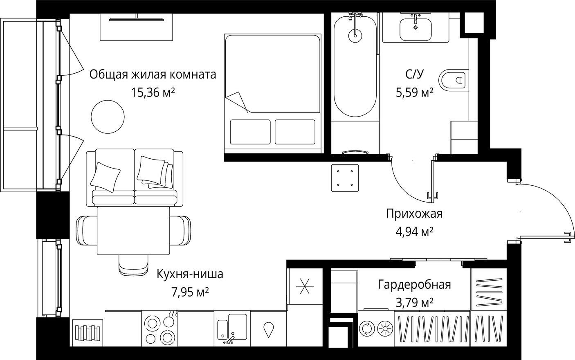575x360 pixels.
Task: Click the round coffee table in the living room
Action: coord(108,117)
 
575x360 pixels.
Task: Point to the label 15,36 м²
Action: coord(153,92)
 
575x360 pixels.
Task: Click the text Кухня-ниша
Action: coord(190,274)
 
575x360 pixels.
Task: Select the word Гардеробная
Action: coord(415,285)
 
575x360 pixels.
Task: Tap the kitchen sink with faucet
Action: coord(232,328)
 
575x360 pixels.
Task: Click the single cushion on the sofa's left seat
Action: coord(105,177)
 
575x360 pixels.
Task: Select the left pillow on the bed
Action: coord(250,132)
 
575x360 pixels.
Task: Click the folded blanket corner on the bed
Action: coord(237,101)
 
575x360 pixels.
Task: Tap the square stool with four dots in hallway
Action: coord(345,178)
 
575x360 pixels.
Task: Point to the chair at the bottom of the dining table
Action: coord(133,265)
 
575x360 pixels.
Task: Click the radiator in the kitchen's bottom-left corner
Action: coord(88,333)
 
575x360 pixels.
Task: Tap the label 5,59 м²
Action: coord(415,92)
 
